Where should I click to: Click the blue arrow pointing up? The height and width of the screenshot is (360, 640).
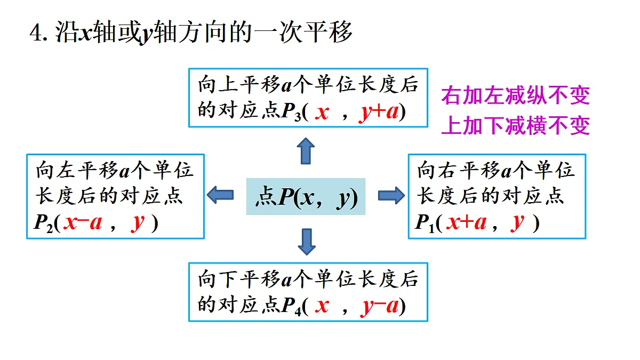[x=306, y=151]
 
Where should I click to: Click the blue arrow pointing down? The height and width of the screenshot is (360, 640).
[x=307, y=242]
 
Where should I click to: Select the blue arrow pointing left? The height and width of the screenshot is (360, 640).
[x=220, y=195]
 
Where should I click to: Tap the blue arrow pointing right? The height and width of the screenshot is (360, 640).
[x=391, y=195]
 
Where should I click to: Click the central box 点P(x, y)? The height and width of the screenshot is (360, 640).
[x=306, y=197]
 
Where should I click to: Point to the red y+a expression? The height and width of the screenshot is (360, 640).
[x=379, y=112]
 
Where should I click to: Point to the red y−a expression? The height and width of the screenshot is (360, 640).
[x=379, y=306]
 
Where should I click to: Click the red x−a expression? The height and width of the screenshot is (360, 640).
[x=83, y=222]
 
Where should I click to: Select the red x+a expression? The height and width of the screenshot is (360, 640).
[x=466, y=222]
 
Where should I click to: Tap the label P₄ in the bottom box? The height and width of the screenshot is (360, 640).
[x=291, y=307]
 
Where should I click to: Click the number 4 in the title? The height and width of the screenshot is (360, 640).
[x=36, y=33]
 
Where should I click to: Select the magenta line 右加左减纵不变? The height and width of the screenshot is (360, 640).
[x=515, y=95]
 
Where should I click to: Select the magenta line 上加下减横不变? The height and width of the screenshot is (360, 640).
[x=515, y=125]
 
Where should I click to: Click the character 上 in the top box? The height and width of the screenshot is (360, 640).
[x=228, y=85]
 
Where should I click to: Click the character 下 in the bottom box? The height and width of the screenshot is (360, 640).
[x=228, y=279]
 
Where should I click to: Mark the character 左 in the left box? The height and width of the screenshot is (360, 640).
[x=66, y=170]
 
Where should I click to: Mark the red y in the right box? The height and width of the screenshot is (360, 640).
[x=517, y=223]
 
